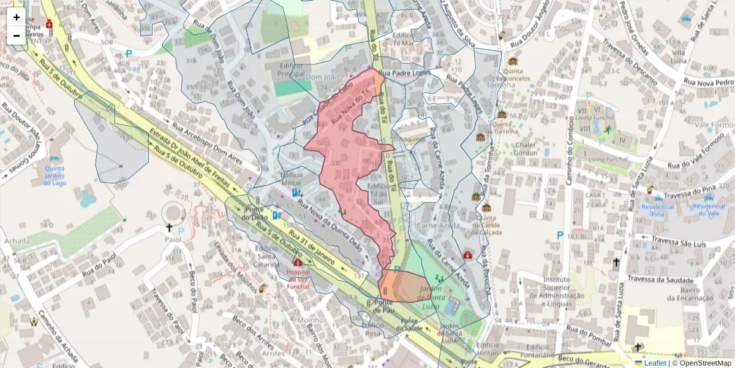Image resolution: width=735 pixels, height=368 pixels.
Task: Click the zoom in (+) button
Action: click(17, 17)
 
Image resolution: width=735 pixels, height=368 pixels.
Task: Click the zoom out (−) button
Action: click(17, 36)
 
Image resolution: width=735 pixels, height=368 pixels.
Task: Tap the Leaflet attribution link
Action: click(655, 363)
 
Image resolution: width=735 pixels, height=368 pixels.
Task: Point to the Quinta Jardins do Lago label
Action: click(55, 176)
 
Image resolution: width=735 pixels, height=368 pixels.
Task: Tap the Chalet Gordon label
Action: click(526, 148)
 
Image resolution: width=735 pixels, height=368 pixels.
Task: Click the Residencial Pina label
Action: click(657, 210)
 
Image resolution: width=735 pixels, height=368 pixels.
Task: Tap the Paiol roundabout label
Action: click(173, 239)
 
